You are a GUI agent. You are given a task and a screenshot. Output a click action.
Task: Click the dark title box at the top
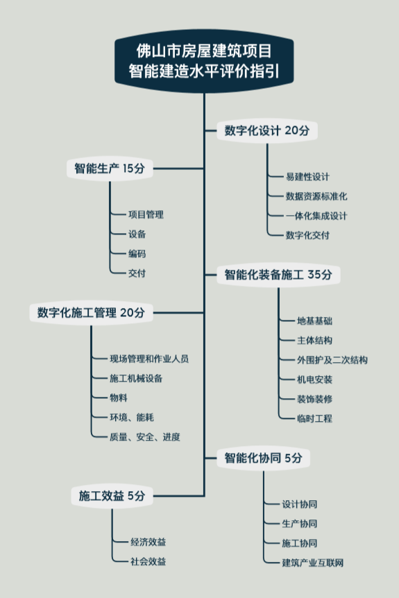point(204,61)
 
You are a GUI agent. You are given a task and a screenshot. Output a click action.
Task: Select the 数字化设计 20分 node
point(267,130)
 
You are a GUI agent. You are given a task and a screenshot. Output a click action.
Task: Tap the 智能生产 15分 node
point(110,168)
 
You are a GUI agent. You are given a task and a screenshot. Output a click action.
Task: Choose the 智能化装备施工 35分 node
point(278,275)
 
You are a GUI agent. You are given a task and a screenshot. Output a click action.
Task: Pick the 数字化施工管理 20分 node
point(91,313)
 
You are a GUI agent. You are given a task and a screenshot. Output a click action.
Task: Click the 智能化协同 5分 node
point(263,458)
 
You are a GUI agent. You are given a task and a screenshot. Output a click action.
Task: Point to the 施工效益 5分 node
point(112,496)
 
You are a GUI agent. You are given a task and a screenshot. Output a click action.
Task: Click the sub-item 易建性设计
point(307,177)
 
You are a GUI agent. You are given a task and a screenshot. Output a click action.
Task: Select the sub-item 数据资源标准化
point(316,196)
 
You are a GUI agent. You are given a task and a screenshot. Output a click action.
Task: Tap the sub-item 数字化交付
point(307,235)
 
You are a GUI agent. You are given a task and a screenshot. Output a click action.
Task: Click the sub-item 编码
point(137,254)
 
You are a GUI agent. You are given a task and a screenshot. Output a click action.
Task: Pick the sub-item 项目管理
point(146,215)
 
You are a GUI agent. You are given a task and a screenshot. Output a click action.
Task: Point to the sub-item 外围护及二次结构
point(332,360)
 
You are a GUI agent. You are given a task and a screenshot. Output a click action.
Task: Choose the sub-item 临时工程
point(315,418)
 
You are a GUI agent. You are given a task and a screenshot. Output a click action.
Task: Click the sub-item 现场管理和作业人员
point(149,359)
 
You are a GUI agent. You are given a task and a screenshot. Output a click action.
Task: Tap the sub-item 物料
point(119,398)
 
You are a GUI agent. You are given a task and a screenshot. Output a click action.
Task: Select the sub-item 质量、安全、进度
point(145,437)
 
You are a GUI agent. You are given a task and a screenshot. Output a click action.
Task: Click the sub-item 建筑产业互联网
point(313,563)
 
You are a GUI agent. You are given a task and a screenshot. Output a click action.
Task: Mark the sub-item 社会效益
point(148,561)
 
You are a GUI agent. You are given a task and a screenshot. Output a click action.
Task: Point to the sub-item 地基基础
point(315,321)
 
